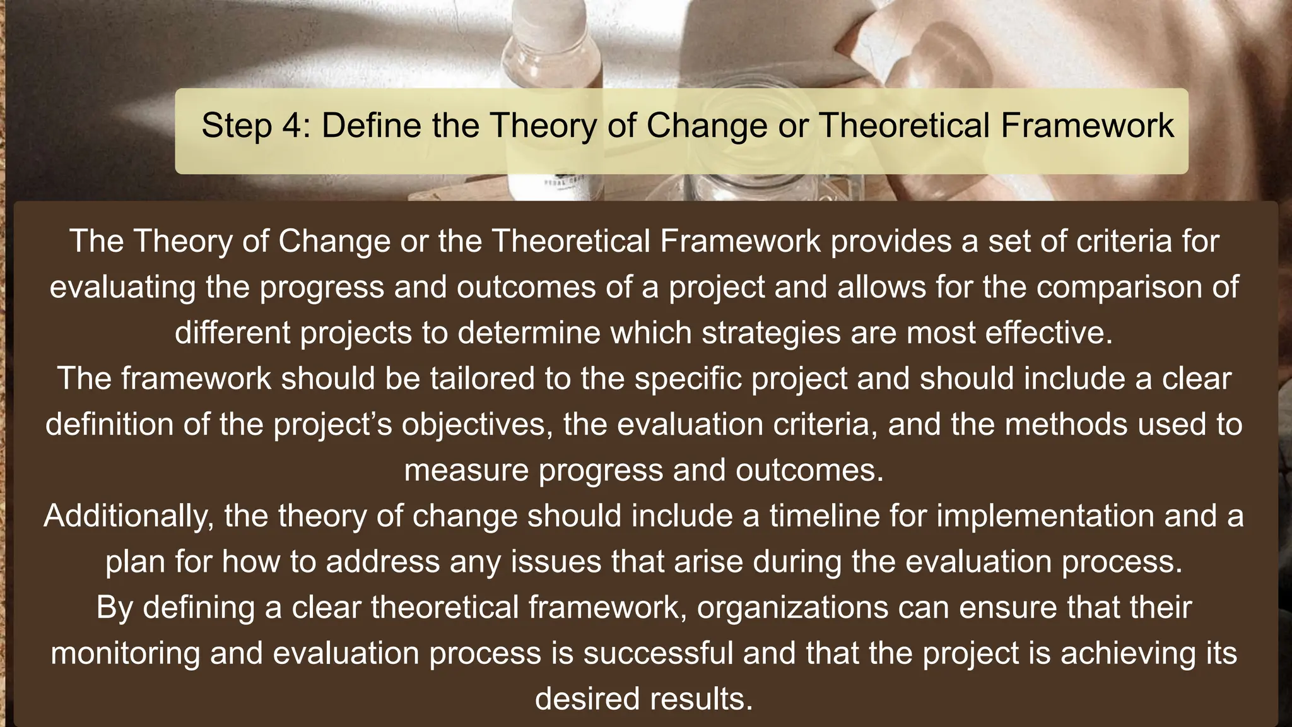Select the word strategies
pyautogui.click(x=771, y=333)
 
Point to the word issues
pyautogui.click(x=555, y=562)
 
